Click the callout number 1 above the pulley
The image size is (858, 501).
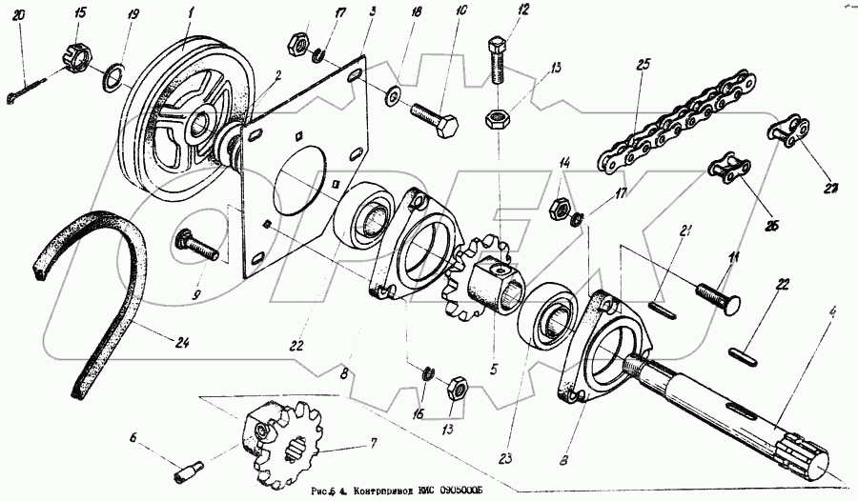click(192, 12)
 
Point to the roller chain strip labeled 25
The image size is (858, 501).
click(672, 124)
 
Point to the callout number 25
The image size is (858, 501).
click(644, 64)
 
